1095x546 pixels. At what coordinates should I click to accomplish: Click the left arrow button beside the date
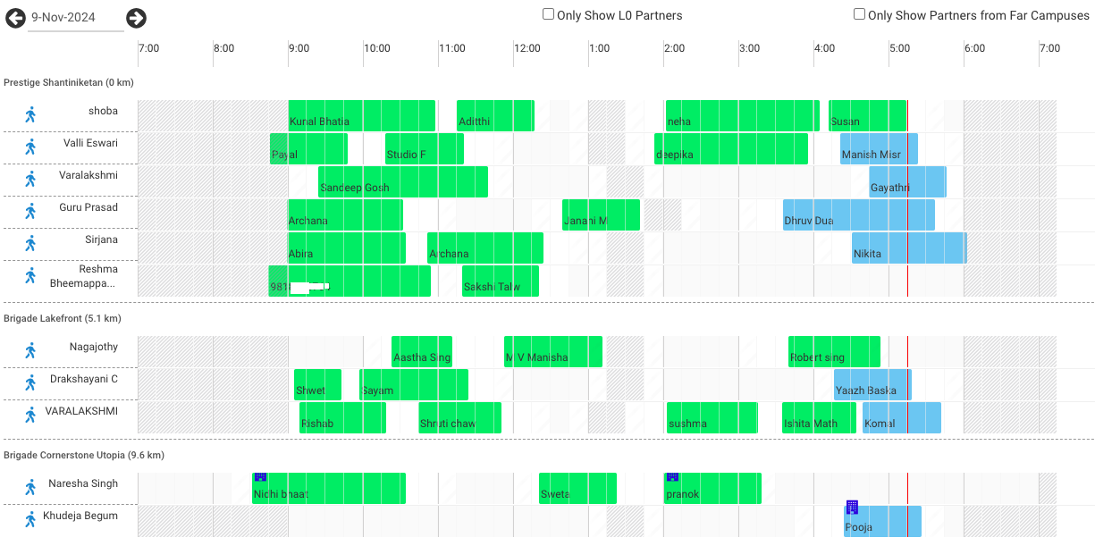coord(15,18)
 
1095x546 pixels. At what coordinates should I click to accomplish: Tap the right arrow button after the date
coord(136,18)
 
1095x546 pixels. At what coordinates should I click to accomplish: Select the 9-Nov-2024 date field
coord(75,18)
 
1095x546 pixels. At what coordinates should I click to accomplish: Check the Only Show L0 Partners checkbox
coord(549,14)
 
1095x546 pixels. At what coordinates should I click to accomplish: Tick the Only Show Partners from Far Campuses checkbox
coord(859,14)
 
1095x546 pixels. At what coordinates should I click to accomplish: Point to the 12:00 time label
coord(526,48)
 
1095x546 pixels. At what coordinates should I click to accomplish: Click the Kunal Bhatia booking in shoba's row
coord(361,116)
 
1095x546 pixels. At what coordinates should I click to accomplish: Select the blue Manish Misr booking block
coord(879,149)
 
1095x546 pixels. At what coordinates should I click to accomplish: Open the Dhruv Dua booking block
coord(858,215)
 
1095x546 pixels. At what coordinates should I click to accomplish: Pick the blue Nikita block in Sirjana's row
coord(908,248)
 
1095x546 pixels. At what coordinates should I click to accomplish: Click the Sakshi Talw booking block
coord(500,281)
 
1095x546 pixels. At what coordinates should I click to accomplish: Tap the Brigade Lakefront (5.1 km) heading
coord(62,318)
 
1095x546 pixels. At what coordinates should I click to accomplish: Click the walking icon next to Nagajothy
coord(30,351)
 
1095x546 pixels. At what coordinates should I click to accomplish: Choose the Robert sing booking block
coord(833,352)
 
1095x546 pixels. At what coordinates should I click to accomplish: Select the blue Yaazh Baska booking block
coord(872,385)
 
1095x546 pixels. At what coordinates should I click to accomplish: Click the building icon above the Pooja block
coord(852,508)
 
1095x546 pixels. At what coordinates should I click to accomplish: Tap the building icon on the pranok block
coord(672,477)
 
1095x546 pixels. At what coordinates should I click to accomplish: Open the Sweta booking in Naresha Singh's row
coord(577,489)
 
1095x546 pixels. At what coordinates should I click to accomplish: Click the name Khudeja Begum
coord(80,517)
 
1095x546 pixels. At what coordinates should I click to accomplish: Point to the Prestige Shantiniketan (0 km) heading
coord(68,82)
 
